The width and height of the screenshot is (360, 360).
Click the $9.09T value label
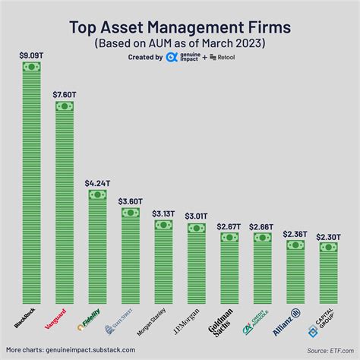(x=31, y=55)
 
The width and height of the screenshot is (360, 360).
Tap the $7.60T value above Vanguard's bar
(x=65, y=93)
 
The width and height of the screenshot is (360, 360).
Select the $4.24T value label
(x=97, y=183)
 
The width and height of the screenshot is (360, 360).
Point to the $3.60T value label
(x=131, y=201)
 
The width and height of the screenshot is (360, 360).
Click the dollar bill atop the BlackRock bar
(x=31, y=67)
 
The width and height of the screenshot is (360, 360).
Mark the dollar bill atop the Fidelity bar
(x=97, y=194)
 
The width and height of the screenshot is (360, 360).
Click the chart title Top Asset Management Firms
(x=179, y=27)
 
